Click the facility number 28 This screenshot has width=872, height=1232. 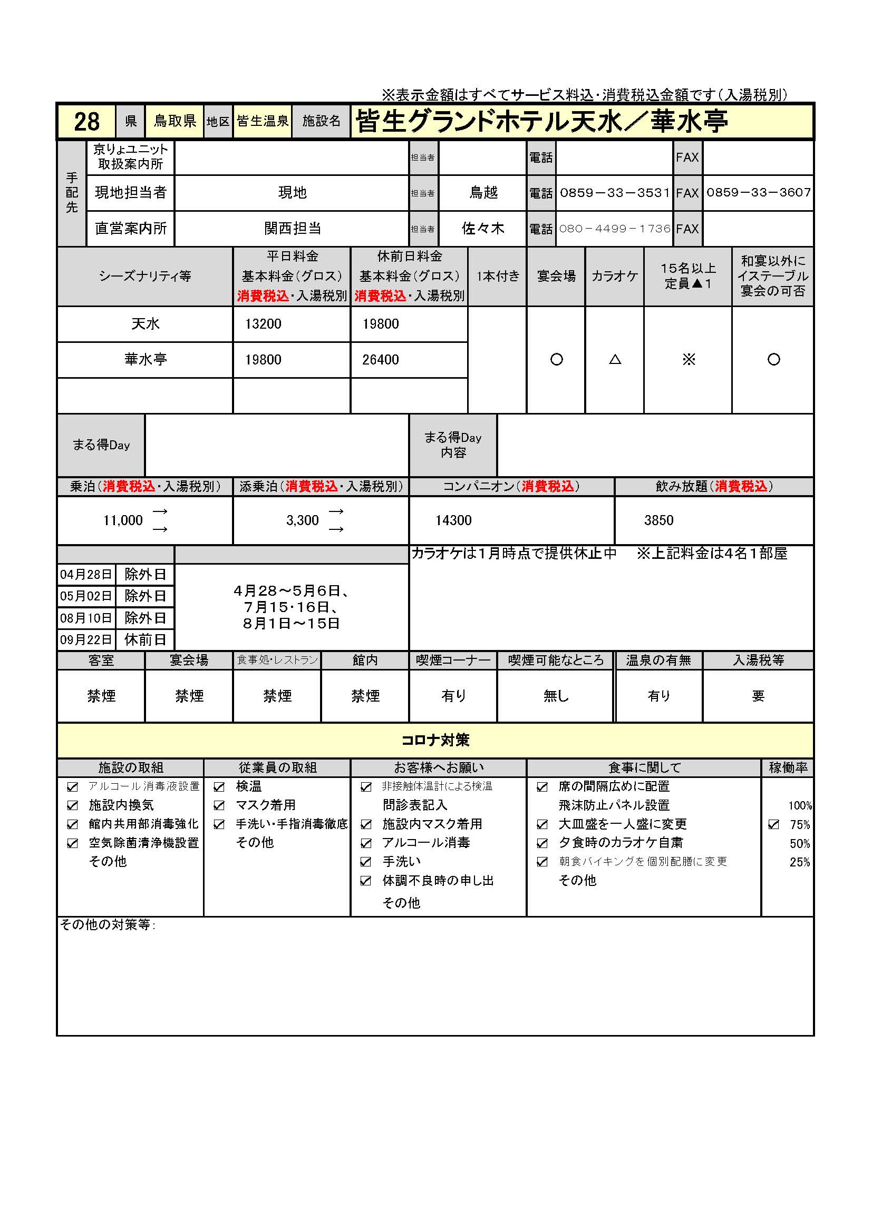(x=86, y=122)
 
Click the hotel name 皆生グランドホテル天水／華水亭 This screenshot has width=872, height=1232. (x=541, y=121)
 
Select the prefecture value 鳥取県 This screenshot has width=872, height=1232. (x=175, y=121)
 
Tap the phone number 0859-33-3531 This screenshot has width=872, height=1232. (x=615, y=193)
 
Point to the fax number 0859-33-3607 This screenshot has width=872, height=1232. (x=758, y=193)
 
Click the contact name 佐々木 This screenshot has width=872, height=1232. (x=483, y=229)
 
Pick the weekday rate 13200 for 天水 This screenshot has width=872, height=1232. (x=263, y=324)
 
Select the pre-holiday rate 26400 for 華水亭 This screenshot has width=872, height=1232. (x=380, y=360)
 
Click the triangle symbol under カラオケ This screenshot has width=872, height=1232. (x=615, y=360)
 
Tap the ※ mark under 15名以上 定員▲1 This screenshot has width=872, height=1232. (x=689, y=360)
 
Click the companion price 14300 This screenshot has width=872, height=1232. (x=453, y=520)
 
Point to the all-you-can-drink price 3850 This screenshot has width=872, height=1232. (x=658, y=520)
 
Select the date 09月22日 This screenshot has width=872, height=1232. (x=86, y=639)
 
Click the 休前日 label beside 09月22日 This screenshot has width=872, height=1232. (x=145, y=639)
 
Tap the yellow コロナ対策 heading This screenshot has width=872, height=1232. (x=435, y=741)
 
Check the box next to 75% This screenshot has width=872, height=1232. (x=774, y=824)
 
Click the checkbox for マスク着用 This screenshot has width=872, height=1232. (x=219, y=805)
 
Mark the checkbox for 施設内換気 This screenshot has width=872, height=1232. (x=72, y=805)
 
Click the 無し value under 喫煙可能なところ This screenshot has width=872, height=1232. (x=555, y=696)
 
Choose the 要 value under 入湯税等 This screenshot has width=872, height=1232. (x=758, y=696)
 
